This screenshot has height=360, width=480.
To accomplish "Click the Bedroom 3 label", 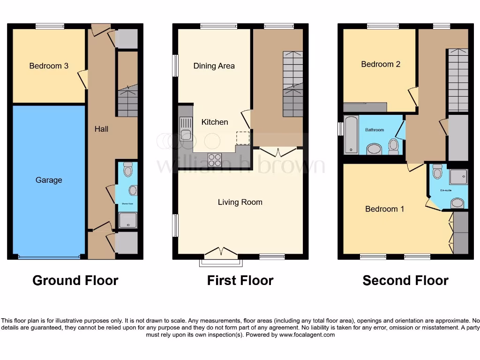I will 49,66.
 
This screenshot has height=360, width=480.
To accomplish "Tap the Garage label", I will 49,180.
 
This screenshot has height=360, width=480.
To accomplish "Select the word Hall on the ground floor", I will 101,128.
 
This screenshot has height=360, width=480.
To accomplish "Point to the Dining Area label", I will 214,66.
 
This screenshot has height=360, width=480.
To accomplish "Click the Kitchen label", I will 215,122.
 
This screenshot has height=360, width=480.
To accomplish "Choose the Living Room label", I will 240,202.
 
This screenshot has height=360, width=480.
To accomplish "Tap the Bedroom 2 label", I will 381,64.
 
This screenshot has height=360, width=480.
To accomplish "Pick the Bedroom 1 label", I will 384,209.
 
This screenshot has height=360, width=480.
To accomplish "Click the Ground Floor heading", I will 75,280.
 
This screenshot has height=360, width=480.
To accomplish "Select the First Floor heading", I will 240,280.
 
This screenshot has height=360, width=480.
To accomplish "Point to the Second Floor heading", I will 405,280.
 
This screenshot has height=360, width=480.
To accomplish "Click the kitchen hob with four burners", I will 215,160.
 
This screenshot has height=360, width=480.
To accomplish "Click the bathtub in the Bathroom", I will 350,135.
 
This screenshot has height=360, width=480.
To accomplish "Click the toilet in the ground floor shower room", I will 127,170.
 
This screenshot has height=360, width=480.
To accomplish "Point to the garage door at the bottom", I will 49,257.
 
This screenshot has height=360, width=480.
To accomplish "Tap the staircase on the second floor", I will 458,80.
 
